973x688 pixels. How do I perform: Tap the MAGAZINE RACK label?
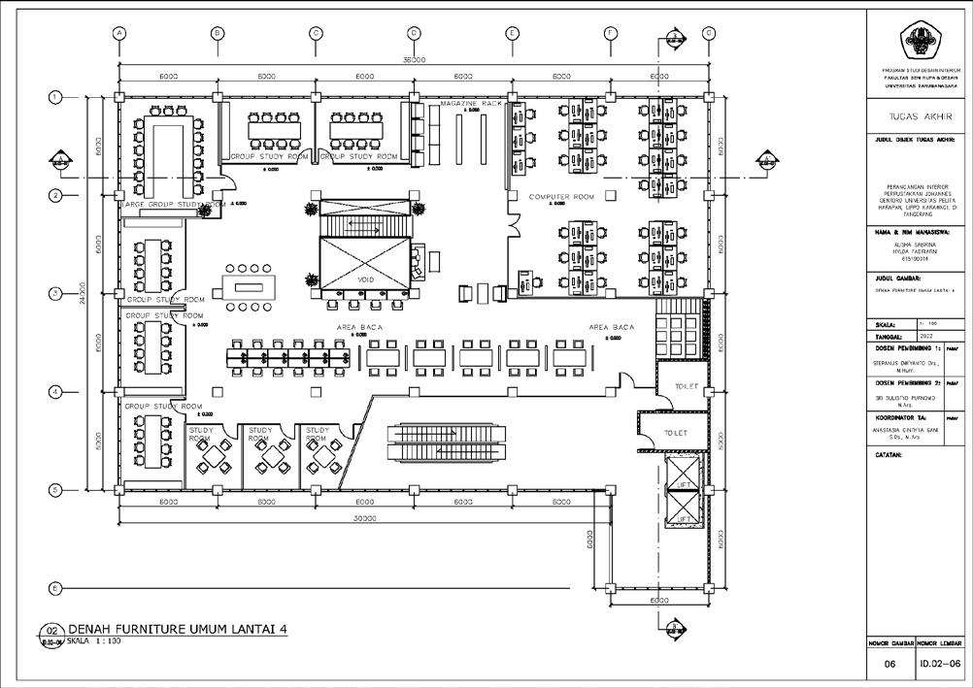coord(472,103)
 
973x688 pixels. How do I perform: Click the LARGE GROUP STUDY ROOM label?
coord(174,205)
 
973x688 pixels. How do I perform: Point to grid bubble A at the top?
coord(119,32)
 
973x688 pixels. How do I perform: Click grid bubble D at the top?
coord(414,32)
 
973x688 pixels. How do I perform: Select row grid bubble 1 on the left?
coord(56,97)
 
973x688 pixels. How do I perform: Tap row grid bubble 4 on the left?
coord(56,391)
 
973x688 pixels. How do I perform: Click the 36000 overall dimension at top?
coord(414,60)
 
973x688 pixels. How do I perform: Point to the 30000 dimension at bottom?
coord(364,519)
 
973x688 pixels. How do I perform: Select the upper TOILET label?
coord(686,387)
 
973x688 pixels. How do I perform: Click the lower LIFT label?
coord(685,518)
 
